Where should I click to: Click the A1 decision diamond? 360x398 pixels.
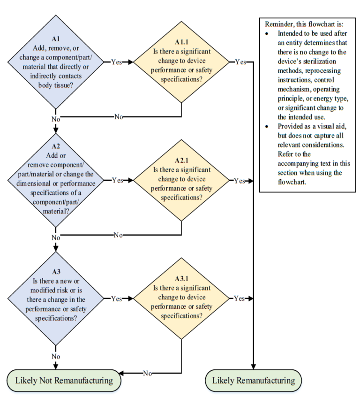click(56, 61)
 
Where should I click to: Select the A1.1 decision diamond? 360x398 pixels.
click(181, 61)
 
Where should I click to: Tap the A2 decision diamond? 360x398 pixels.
click(56, 180)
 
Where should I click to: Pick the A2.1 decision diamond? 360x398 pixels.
click(181, 180)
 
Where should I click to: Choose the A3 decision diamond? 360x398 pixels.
click(56, 298)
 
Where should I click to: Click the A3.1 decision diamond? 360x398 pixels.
click(181, 298)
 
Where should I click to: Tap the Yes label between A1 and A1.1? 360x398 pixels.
click(117, 61)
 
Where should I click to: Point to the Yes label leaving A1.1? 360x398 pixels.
click(240, 61)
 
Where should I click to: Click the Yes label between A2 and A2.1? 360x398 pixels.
click(117, 180)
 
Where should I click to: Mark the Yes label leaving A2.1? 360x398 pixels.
click(240, 181)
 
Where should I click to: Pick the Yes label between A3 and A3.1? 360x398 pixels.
click(117, 298)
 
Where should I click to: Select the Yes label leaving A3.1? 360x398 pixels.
click(240, 298)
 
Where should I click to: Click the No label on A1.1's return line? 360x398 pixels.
click(119, 116)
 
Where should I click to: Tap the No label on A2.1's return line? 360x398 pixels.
click(119, 235)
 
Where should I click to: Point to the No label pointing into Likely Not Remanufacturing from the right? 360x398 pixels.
click(147, 373)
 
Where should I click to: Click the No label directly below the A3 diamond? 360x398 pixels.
click(56, 356)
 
